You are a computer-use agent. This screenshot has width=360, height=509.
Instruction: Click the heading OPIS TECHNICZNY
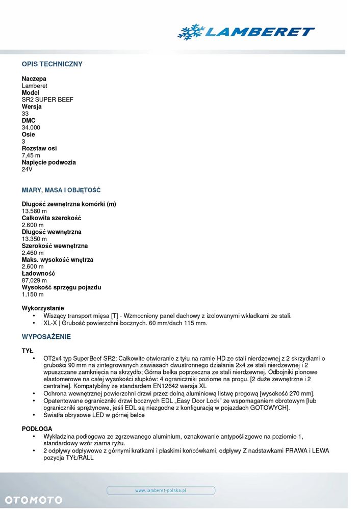tap(52, 64)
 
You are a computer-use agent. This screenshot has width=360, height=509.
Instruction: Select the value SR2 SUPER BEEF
tap(47, 100)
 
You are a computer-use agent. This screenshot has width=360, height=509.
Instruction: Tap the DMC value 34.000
tap(31, 127)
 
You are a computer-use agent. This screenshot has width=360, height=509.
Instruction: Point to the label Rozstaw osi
tap(39, 148)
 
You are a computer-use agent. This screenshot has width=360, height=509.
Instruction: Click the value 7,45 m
tap(31, 155)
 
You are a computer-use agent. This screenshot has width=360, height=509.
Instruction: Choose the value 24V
tap(27, 169)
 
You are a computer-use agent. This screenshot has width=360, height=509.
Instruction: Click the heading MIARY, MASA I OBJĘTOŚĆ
tap(61, 190)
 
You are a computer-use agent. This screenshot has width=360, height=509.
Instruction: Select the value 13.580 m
tap(34, 211)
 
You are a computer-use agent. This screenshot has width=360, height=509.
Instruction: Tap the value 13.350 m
tap(34, 239)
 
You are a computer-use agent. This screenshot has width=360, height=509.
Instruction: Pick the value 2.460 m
tap(33, 253)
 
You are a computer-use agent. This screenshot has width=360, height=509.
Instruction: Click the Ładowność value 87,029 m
tap(34, 280)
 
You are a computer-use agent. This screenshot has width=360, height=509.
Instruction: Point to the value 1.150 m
tap(33, 294)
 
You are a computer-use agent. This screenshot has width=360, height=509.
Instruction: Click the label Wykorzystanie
tap(43, 308)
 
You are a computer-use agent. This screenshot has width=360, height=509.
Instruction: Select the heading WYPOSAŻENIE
tap(46, 337)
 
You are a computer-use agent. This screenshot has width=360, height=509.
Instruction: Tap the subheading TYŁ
tap(28, 351)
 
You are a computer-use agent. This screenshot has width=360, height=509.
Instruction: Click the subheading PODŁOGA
tap(37, 429)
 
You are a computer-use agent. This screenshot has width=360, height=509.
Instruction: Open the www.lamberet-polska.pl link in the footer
tap(161, 490)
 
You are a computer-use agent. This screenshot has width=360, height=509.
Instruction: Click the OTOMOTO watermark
tap(34, 500)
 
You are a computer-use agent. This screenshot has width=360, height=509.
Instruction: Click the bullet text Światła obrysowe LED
tap(94, 415)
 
